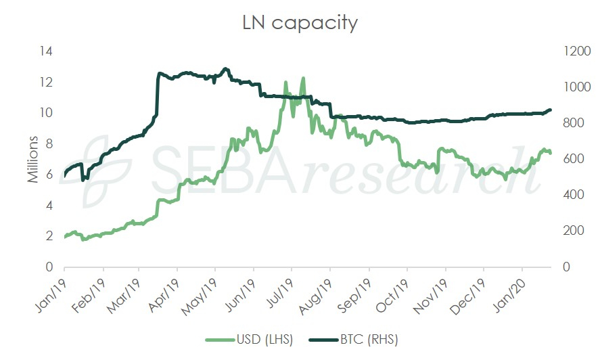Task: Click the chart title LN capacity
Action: point(300,23)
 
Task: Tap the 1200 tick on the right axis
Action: point(567,51)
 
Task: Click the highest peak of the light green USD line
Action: point(303,78)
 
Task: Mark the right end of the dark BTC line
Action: point(550,110)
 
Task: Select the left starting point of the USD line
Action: point(64,237)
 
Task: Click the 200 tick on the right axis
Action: point(564,231)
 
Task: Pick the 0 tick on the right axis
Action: point(557,267)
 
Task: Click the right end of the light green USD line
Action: point(550,153)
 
